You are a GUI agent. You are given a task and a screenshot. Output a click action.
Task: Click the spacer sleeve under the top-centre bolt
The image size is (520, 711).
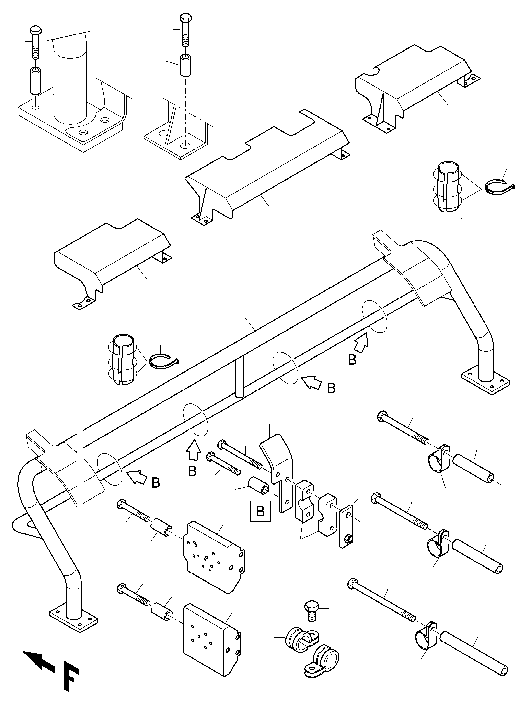(186, 65)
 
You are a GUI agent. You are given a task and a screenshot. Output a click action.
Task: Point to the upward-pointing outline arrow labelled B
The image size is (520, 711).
(193, 451)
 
